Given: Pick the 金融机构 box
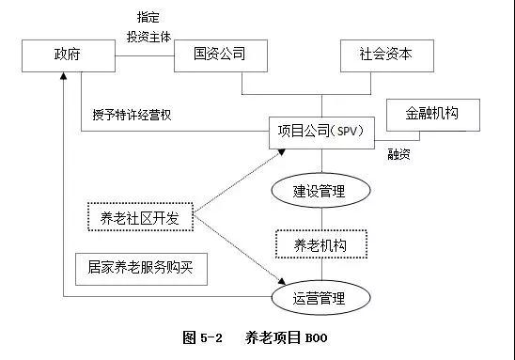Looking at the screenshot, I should coord(433,114).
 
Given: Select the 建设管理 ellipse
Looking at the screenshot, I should coord(319,191).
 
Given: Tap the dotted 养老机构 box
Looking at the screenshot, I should coord(320,244).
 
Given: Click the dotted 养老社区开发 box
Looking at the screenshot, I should coord(140,217).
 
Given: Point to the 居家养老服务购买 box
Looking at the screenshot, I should coord(140,269).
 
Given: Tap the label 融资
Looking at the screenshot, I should coord(401,154).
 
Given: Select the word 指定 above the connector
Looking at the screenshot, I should coord(148,17).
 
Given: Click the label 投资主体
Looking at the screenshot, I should coord(148,36).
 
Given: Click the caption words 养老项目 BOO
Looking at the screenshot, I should coord(285,337).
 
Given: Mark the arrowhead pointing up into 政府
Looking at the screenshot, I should coord(62,78).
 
